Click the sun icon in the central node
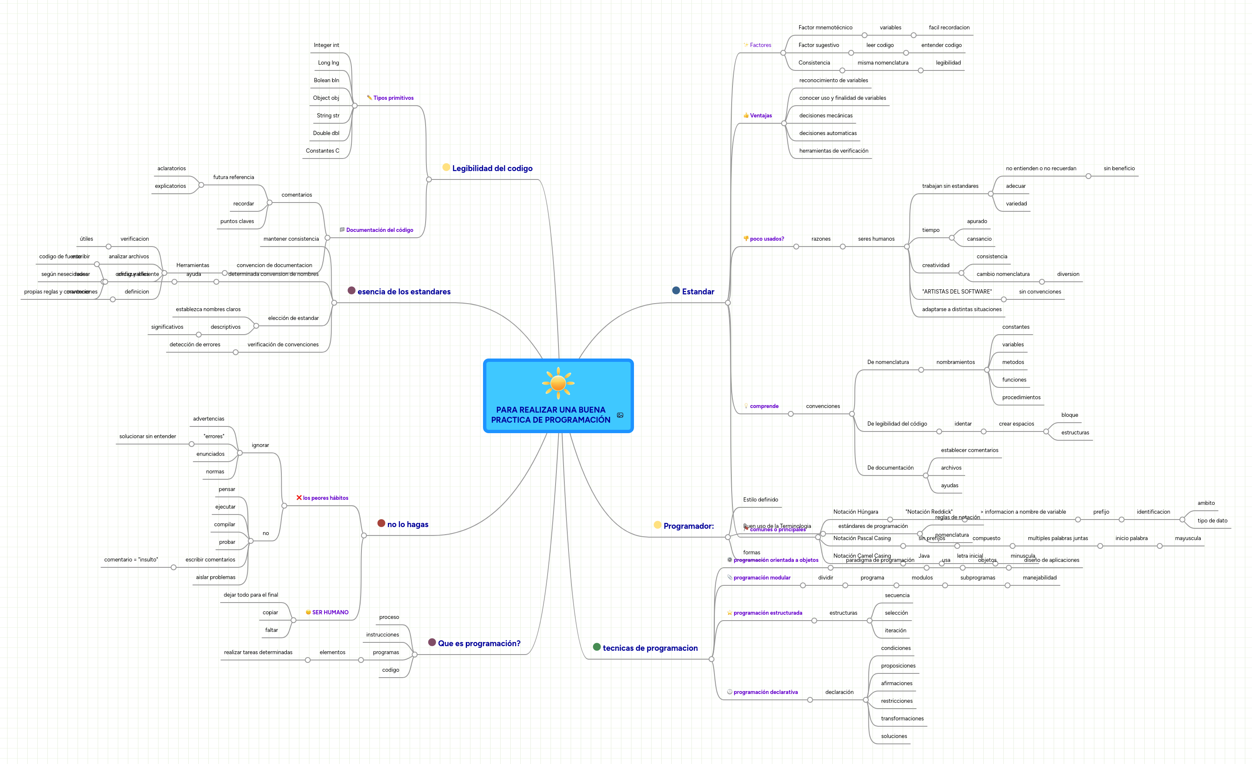coord(558,383)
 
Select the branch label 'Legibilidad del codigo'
coord(492,168)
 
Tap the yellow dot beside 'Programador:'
coord(657,525)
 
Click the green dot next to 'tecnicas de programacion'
coord(597,647)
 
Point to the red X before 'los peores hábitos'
coord(299,498)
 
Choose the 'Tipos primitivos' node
coord(393,98)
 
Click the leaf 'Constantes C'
coord(322,151)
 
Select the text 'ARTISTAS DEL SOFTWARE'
coord(957,292)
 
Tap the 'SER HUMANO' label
coord(330,613)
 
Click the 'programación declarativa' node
coord(765,692)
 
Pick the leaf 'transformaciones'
coord(902,719)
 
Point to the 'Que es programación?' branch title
coord(479,644)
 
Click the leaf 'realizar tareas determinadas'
coord(258,653)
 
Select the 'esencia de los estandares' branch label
coord(403,292)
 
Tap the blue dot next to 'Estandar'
coord(676,291)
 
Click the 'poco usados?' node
coord(767,239)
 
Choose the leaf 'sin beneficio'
coord(1119,169)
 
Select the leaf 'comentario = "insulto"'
coord(131,560)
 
